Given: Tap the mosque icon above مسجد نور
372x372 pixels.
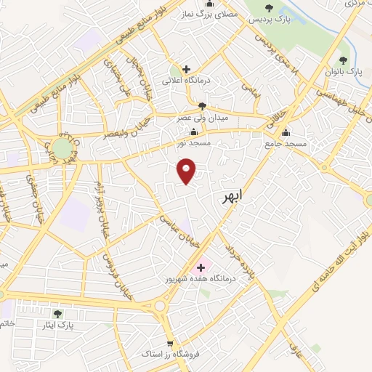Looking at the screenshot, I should click(193, 132).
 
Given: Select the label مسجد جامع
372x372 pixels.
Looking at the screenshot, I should click(286, 145).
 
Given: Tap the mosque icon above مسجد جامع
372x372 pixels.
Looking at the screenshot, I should click(286, 133).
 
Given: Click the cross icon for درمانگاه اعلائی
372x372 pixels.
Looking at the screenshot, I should click(187, 69).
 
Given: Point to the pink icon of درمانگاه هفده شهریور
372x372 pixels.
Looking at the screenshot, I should click(201, 267).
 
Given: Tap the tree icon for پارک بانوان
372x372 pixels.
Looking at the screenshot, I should click(344, 61).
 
